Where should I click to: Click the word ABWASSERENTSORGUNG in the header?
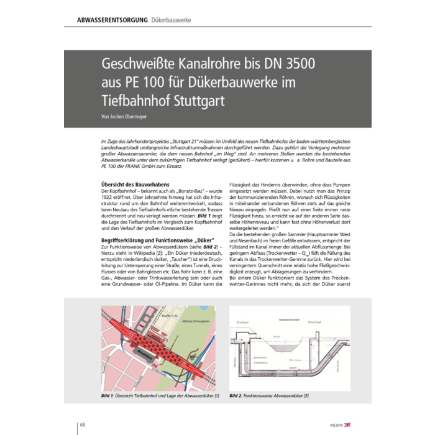point(111,21)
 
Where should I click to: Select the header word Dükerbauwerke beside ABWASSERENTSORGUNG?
point(171,21)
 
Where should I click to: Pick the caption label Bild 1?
point(109,396)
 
